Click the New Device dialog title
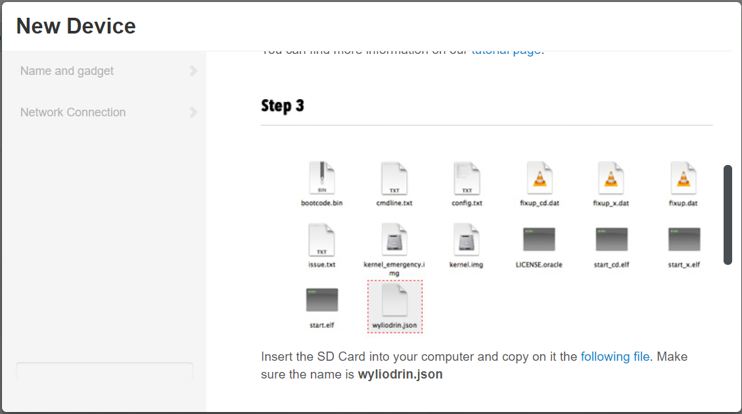click(x=76, y=26)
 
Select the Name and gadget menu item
click(x=67, y=71)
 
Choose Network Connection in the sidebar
click(x=73, y=112)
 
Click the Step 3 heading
click(x=283, y=106)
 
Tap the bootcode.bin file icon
click(x=322, y=178)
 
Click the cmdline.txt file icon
click(x=394, y=178)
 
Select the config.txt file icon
click(x=467, y=178)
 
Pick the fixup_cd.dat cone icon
click(x=540, y=178)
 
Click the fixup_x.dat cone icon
click(x=611, y=178)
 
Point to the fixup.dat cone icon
click(x=684, y=178)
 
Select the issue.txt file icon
click(x=322, y=240)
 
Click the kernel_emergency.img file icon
click(x=394, y=240)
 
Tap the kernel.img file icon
click(x=467, y=240)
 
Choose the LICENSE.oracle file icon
click(x=540, y=240)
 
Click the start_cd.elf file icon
click(x=611, y=240)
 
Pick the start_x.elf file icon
click(x=684, y=240)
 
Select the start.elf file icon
click(x=322, y=300)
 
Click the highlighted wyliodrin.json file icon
click(x=394, y=300)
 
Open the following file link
click(x=615, y=357)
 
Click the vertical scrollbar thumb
click(x=728, y=215)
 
